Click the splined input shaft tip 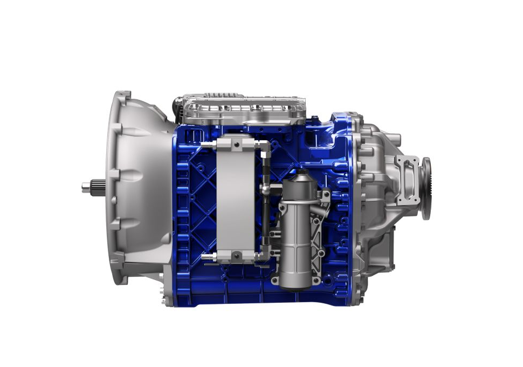click(x=90, y=187)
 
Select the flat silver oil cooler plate click(x=235, y=200)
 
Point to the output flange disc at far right click(x=426, y=188)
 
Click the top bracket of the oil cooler click(x=236, y=143)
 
